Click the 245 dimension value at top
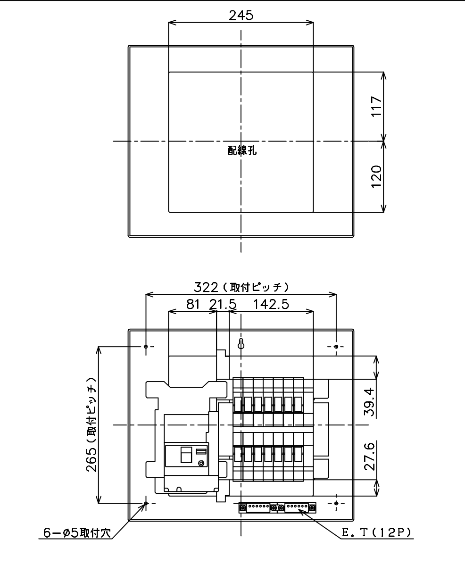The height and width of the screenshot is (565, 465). (241, 15)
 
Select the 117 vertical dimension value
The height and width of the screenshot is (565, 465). (376, 106)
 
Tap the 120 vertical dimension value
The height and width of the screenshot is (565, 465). (376, 176)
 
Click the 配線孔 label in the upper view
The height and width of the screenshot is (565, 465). (242, 150)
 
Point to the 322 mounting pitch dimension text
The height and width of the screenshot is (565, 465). (241, 287)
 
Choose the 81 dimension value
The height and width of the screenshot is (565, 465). (193, 305)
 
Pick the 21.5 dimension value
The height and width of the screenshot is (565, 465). (223, 305)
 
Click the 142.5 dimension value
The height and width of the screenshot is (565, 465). (271, 305)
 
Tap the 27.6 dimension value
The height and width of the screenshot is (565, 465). (370, 457)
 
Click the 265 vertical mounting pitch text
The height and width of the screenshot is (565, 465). (91, 425)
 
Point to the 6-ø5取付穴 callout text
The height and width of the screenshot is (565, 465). (77, 532)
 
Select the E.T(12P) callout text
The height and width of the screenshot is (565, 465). (376, 532)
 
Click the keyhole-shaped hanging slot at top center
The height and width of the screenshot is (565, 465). (241, 344)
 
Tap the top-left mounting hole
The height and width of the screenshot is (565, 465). (146, 347)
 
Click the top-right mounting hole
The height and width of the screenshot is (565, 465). (336, 347)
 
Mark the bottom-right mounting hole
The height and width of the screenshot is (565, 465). (336, 503)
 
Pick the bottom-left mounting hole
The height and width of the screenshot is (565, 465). (146, 503)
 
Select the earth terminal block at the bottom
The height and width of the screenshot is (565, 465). (277, 507)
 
